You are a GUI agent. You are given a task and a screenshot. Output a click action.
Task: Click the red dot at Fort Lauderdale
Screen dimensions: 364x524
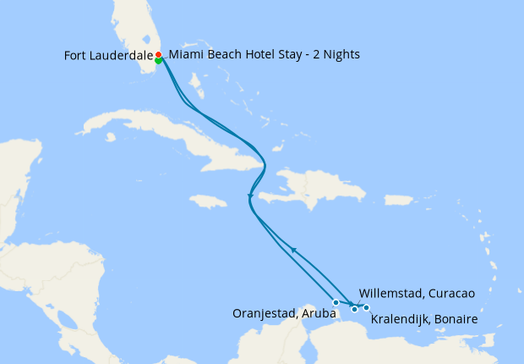pos(158,55)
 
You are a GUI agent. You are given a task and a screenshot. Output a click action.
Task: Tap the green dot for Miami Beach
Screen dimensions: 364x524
pos(158,60)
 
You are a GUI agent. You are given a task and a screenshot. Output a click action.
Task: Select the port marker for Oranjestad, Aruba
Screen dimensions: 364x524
pos(336,302)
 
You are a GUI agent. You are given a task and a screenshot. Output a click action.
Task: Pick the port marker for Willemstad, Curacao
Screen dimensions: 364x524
pos(354,309)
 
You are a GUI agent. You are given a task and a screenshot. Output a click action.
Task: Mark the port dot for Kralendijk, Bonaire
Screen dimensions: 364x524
pos(366,307)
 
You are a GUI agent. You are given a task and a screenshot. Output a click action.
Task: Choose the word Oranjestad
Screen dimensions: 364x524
pos(263,313)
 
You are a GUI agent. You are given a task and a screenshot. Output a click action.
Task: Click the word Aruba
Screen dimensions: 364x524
pos(318,313)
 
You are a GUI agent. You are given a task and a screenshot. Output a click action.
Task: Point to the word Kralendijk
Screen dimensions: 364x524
pos(401,321)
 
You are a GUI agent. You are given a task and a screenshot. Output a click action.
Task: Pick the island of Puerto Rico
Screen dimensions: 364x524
pos(349,195)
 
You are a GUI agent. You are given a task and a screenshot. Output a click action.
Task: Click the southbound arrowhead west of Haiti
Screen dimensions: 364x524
pos(250,199)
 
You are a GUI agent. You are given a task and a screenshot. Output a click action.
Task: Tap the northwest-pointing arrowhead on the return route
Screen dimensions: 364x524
pos(293,249)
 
